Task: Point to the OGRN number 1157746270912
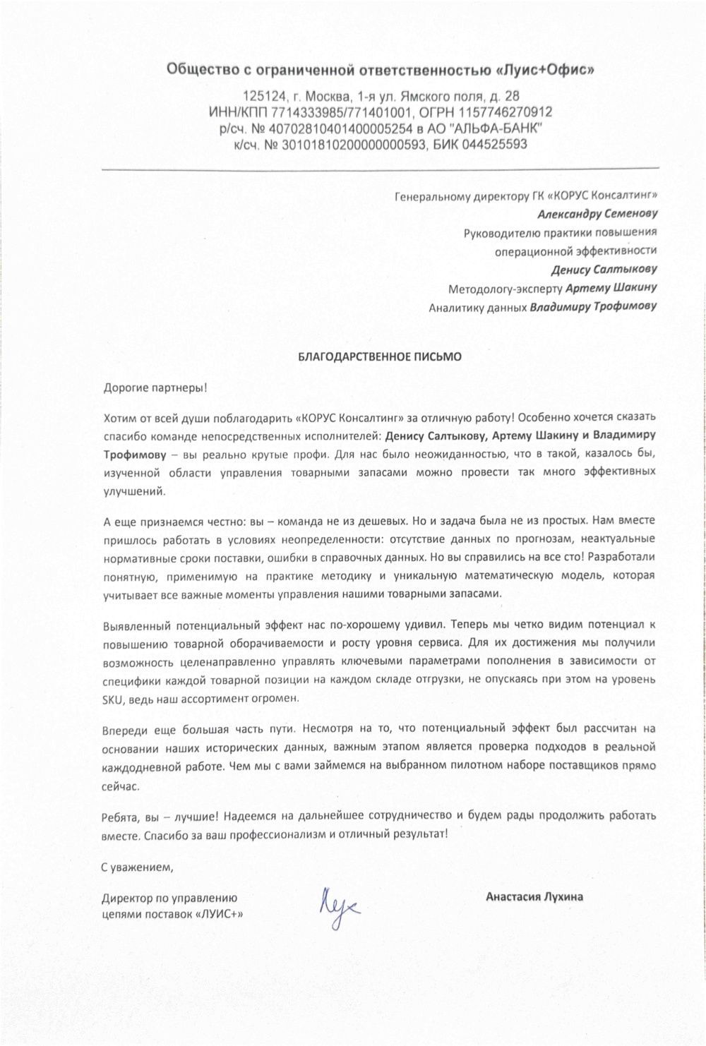(505, 112)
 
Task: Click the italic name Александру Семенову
(597, 213)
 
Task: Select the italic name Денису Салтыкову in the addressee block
(604, 269)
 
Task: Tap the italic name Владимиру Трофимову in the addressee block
(593, 306)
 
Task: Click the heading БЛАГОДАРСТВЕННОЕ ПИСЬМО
(380, 356)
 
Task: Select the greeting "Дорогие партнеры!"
(156, 387)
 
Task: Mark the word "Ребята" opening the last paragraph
(121, 816)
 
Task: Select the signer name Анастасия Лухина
(534, 897)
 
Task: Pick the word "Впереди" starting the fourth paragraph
(124, 728)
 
